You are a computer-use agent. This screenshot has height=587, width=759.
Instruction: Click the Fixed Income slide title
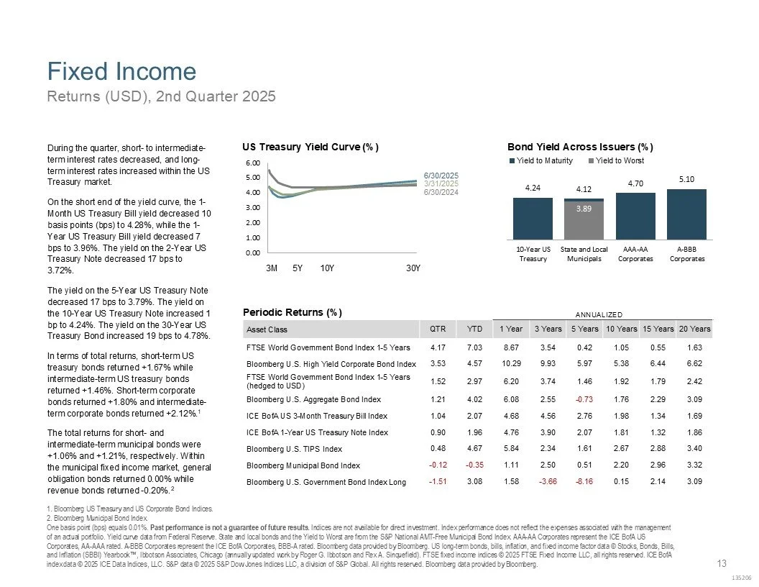click(x=121, y=71)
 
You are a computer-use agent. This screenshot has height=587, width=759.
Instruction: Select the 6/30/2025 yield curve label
click(x=441, y=176)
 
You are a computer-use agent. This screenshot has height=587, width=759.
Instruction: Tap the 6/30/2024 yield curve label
click(x=441, y=191)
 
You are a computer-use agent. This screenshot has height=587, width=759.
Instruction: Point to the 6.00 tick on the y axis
click(x=252, y=163)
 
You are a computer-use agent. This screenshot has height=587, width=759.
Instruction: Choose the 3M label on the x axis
click(x=272, y=268)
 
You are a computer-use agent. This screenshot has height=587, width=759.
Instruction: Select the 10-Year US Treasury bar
click(x=533, y=219)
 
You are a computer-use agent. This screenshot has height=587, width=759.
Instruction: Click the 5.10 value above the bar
click(x=686, y=179)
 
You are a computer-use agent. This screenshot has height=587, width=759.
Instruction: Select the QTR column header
click(x=436, y=329)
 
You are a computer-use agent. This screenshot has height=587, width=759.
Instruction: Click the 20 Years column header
click(x=694, y=329)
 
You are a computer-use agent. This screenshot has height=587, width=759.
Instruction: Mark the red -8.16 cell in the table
click(x=584, y=481)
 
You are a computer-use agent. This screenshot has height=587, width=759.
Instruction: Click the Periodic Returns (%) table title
click(x=293, y=313)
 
